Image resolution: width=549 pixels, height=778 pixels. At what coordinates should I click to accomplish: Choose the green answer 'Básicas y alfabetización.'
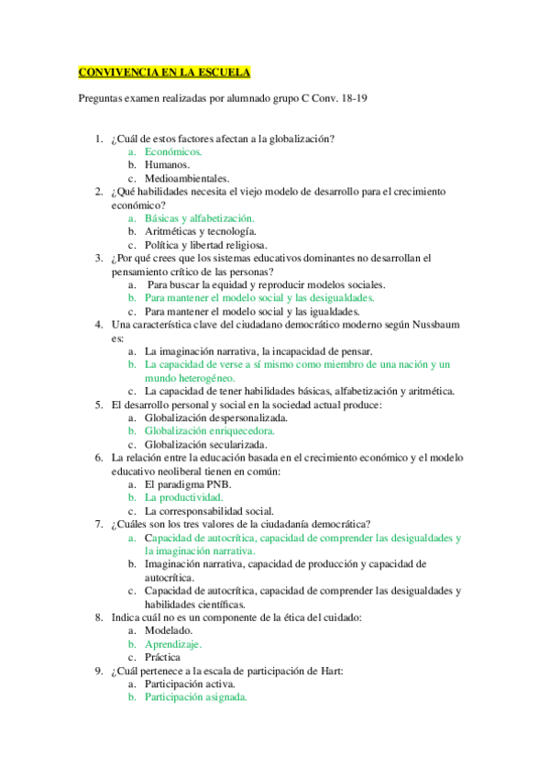coord(199,218)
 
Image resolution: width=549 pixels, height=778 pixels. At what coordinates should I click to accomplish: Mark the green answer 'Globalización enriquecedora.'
coord(210,430)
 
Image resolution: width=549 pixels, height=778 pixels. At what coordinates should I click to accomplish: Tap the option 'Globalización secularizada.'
coord(203,444)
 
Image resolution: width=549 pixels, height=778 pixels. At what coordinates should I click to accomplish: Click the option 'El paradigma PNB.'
coord(188,483)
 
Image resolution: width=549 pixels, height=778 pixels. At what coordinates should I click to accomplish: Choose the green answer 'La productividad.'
coord(183,497)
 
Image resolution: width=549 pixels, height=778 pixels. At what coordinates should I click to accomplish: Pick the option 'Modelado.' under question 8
coord(169,630)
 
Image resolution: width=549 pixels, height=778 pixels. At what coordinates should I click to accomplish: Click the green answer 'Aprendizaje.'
coord(173,644)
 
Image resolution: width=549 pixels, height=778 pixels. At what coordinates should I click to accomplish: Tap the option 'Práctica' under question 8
coord(163,657)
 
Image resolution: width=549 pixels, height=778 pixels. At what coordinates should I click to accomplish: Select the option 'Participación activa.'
coord(190,684)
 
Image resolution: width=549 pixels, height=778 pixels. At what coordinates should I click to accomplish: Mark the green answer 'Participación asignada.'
coord(195,697)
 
